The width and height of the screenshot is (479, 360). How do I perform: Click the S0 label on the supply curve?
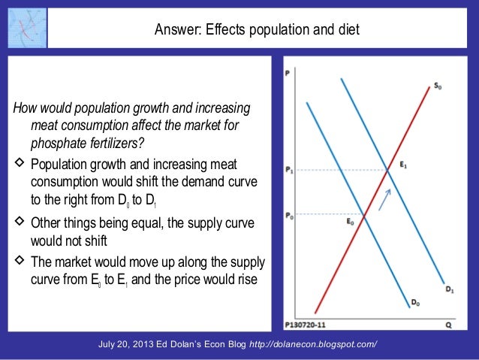[438, 86]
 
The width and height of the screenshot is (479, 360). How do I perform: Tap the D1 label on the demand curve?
[448, 289]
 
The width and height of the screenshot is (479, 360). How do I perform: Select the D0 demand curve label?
[416, 302]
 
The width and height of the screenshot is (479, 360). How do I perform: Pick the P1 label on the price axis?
[290, 171]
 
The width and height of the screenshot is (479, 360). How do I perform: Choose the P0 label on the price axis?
[290, 216]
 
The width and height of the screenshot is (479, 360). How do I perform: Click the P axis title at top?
[288, 73]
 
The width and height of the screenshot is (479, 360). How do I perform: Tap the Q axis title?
[447, 326]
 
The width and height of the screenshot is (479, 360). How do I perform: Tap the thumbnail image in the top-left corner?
[25, 26]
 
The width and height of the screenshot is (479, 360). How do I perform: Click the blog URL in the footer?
[313, 344]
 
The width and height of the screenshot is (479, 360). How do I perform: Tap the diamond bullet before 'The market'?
[20, 262]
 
